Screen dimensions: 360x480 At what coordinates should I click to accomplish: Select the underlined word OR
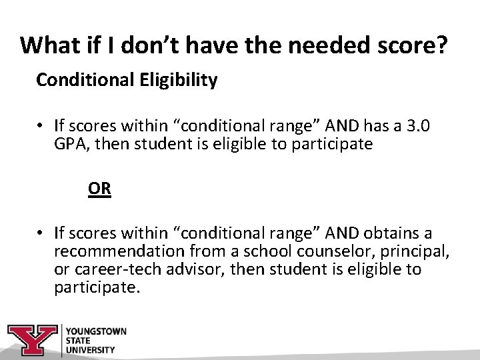coord(99,189)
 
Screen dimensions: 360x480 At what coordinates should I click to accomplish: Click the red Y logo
coord(33,340)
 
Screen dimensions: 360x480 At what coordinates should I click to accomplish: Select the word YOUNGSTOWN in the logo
coord(96,331)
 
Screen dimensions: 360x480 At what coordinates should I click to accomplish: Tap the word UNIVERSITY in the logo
coord(92,349)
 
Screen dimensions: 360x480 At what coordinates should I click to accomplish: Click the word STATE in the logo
coord(79,340)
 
